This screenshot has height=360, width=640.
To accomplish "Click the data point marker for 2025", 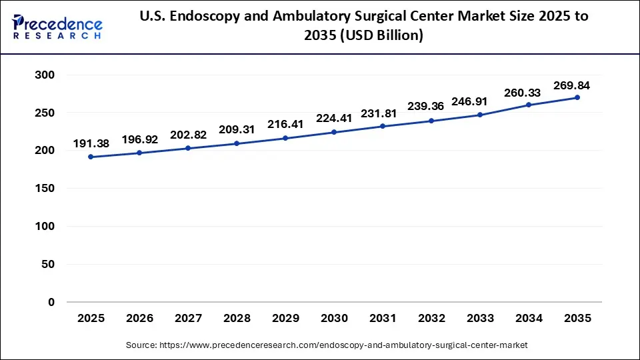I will (91, 157).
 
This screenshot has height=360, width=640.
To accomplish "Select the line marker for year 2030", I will (334, 132).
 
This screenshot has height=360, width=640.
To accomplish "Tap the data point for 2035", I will (577, 97).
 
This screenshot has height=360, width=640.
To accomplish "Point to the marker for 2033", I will (480, 115).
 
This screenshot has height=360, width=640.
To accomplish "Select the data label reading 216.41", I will (285, 124).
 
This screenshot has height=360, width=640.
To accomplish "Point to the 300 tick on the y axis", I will (45, 75).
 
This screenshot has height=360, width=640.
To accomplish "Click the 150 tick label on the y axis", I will (45, 189).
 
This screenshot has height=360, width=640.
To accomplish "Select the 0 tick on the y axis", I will (51, 302).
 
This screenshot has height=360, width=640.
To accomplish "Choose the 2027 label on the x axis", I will (188, 319).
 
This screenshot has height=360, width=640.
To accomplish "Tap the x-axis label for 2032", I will (431, 319).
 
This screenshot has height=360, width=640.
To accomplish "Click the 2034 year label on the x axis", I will (529, 319).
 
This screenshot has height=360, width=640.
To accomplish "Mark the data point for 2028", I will (237, 143).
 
